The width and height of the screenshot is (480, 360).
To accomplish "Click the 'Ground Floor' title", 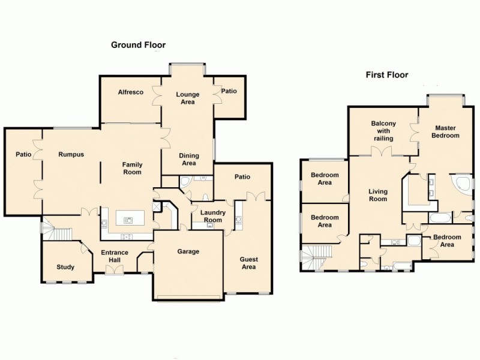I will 138,45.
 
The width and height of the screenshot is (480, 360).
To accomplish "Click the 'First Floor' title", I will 387,75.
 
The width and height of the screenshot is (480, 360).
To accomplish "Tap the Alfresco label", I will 130,92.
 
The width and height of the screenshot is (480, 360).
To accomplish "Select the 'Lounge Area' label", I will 188,98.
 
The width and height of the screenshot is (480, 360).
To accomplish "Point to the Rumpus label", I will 71,154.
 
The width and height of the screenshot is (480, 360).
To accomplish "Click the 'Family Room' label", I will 132,168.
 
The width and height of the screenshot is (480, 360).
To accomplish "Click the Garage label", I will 188,251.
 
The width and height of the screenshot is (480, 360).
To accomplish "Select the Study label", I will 65,267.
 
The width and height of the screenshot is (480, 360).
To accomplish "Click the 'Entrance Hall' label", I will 114,256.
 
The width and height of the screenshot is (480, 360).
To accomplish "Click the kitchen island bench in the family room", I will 128,219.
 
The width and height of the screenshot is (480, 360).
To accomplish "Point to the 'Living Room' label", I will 377,195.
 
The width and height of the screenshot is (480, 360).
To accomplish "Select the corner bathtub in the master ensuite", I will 461,184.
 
